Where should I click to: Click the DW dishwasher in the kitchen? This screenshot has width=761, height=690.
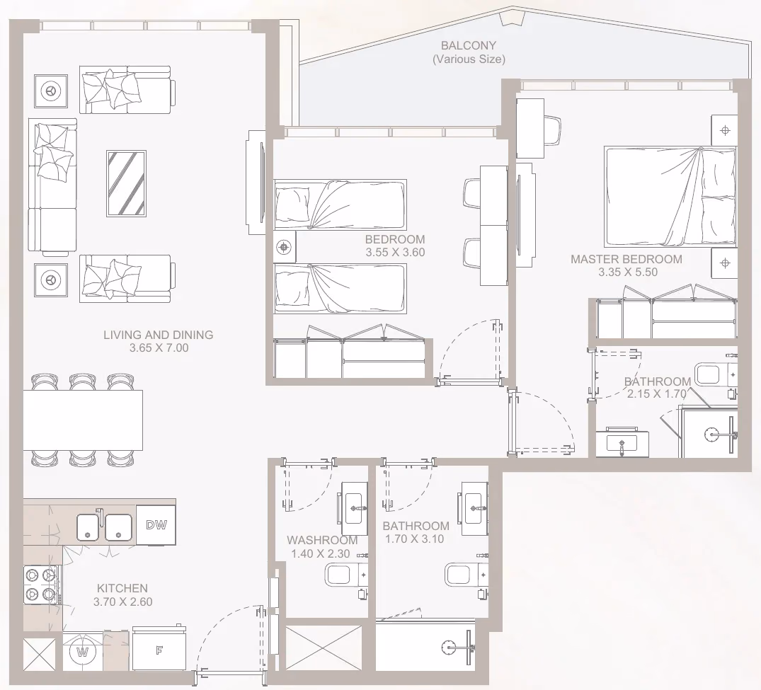point(156,525)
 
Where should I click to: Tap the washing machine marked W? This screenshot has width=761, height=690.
point(83,652)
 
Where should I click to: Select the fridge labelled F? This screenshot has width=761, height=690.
point(159,650)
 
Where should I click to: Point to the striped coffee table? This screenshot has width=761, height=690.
point(126,183)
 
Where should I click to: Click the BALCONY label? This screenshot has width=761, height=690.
point(469,45)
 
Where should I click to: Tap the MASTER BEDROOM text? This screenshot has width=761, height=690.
point(626,259)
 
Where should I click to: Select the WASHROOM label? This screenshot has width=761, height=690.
point(322,540)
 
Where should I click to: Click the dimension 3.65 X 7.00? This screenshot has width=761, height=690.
point(159,348)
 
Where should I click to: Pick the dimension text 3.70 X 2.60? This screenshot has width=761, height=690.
point(122,602)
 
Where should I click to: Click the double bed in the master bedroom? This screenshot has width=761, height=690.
point(670,197)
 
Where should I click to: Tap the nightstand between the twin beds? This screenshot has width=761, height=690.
point(285,248)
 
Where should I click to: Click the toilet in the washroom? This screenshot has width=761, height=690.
point(347,576)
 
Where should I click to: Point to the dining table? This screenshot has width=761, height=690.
point(83,420)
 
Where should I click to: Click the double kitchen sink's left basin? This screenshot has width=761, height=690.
point(90,527)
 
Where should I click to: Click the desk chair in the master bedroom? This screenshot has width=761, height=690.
point(553,130)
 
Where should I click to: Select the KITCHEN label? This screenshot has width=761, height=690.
point(122,588)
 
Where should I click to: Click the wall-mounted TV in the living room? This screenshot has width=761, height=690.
point(256,183)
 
